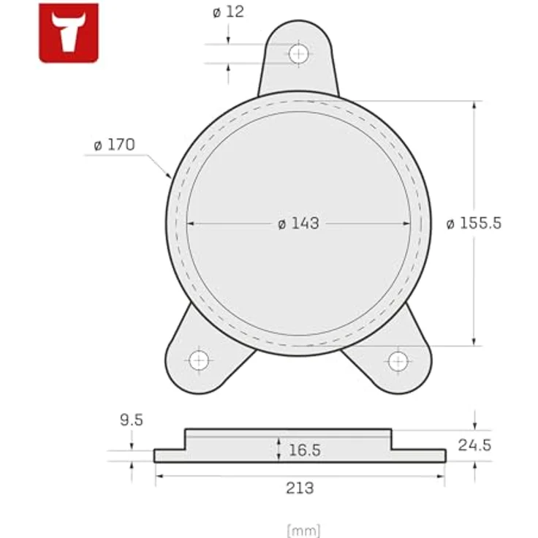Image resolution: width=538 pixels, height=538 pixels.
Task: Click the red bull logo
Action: click(x=69, y=33)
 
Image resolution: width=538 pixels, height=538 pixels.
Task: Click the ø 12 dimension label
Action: click(x=228, y=12)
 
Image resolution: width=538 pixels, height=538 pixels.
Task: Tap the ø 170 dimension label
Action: click(x=114, y=145)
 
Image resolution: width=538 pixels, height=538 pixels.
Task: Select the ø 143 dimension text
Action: click(x=298, y=224)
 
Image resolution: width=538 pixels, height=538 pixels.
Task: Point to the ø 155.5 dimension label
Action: click(x=474, y=224)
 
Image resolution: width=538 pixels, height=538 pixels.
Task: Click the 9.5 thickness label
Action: click(x=132, y=420)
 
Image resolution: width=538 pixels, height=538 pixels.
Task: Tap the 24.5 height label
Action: click(x=474, y=444)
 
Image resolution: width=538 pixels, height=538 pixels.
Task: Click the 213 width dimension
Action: click(x=299, y=488)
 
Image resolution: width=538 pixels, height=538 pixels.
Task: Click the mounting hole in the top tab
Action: click(x=298, y=53)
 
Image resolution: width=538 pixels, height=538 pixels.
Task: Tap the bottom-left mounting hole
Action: click(x=199, y=360)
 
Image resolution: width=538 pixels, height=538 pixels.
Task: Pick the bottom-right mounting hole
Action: click(x=398, y=360)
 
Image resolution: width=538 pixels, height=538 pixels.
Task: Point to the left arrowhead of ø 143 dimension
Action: click(x=192, y=224)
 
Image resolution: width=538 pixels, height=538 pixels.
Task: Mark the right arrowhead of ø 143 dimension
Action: click(x=406, y=224)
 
